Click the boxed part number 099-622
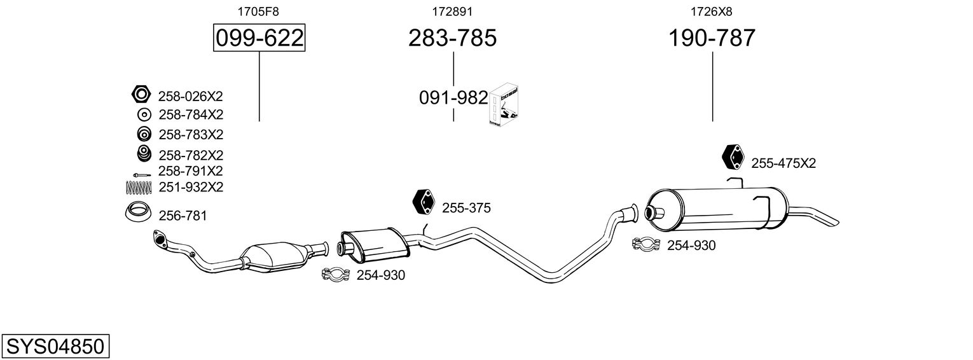(259, 38)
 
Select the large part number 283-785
(452, 38)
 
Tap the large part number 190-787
(712, 38)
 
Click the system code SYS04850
(55, 347)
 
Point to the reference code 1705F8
(258, 11)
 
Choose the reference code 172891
(452, 11)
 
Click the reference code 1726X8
(711, 11)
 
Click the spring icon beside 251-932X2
(139, 187)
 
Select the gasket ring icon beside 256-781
(137, 212)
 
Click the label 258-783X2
(191, 135)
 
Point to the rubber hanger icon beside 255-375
(424, 202)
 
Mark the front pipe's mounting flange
(158, 239)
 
